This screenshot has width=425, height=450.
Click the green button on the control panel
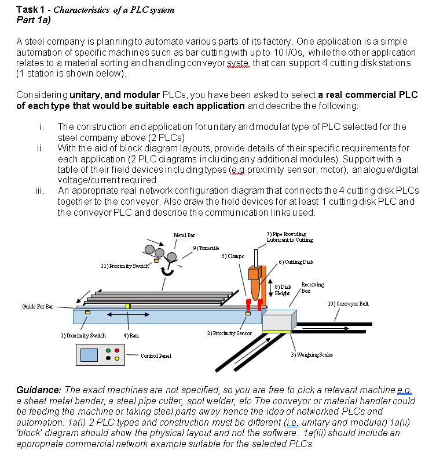tap(108, 351)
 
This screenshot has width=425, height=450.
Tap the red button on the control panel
tap(117, 351)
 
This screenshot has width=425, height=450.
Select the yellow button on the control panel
tap(117, 359)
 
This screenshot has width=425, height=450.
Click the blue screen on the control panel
tap(89, 355)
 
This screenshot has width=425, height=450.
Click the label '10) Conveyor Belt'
tap(347, 304)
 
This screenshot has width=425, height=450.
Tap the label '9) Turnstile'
tap(206, 248)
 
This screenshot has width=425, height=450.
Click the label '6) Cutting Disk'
tap(295, 262)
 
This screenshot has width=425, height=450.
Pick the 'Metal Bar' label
tap(179, 234)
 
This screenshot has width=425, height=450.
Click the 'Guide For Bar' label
tap(38, 306)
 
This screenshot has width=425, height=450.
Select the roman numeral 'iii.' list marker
tap(41, 190)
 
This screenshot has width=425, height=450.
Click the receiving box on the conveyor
tap(279, 321)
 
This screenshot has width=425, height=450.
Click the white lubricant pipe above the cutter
tap(255, 256)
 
